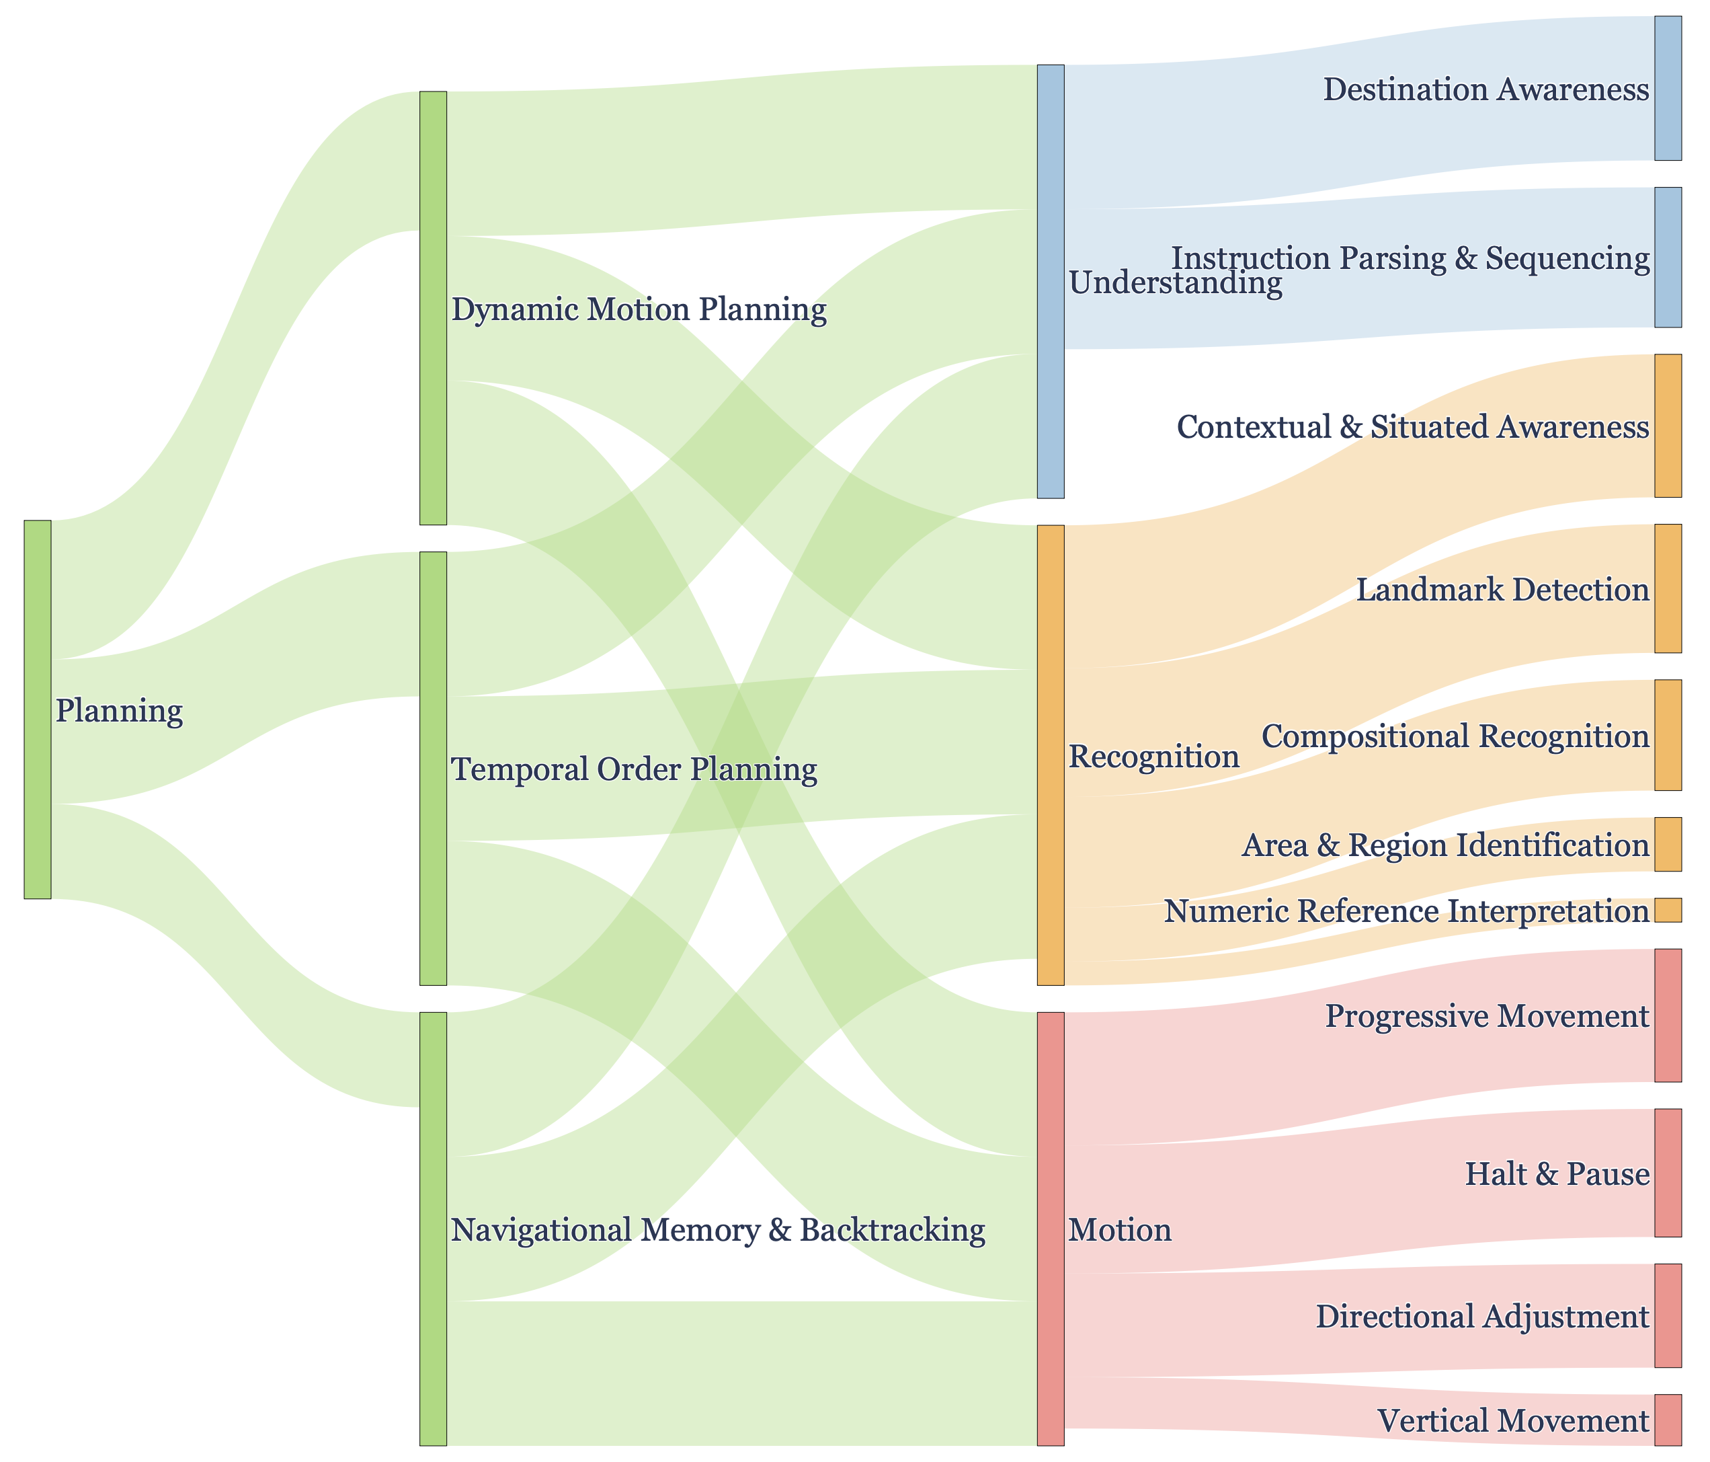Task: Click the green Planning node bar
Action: click(x=38, y=709)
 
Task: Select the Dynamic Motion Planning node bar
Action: click(x=434, y=308)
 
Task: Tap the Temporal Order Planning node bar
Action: click(x=434, y=769)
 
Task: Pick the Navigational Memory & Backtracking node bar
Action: click(x=434, y=1229)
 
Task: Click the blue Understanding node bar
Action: click(x=1051, y=282)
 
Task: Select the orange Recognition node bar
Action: click(x=1051, y=755)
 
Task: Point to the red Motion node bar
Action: click(x=1051, y=1229)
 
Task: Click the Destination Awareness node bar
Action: click(x=1668, y=88)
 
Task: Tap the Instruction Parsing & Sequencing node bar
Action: click(x=1668, y=258)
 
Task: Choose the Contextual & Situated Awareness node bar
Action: click(x=1668, y=426)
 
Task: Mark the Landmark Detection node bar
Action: click(x=1668, y=588)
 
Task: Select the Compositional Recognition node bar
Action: click(x=1668, y=736)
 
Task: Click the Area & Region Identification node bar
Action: click(x=1668, y=845)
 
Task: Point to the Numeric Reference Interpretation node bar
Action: click(x=1668, y=911)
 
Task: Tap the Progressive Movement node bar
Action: click(x=1668, y=1015)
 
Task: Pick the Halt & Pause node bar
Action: click(x=1668, y=1173)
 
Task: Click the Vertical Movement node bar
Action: click(x=1668, y=1421)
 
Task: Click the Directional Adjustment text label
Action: click(x=1482, y=1317)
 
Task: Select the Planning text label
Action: click(x=119, y=711)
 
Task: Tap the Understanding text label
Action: click(x=1175, y=284)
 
